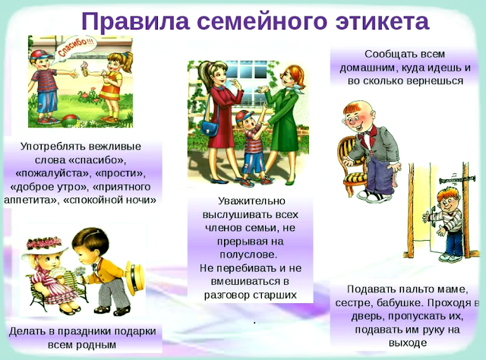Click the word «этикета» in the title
(x=382, y=21)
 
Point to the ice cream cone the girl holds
(x=84, y=68)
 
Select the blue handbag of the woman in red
(x=210, y=128)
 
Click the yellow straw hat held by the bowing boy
(x=135, y=278)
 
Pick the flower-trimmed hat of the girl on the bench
(x=44, y=246)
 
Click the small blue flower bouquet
(x=80, y=272)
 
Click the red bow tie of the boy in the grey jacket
(x=367, y=134)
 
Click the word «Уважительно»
(x=251, y=201)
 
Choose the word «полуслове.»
(x=248, y=254)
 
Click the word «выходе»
(x=408, y=343)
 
